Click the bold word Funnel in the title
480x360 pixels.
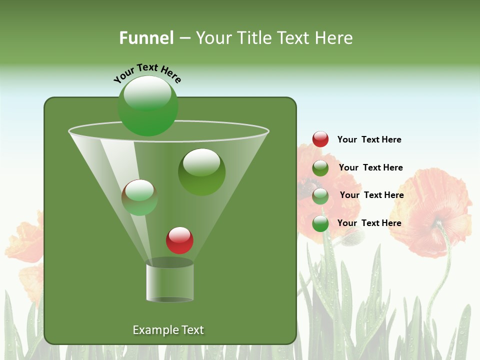(146, 38)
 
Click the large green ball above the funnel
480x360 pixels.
(147, 106)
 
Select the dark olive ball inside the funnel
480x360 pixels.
(201, 172)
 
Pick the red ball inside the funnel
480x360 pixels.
(179, 240)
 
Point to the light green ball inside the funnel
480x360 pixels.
(139, 197)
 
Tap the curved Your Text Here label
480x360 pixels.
(147, 73)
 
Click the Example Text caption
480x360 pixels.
(168, 330)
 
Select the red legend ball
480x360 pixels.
(320, 139)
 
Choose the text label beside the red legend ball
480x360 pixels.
(369, 139)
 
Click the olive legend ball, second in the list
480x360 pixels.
(320, 168)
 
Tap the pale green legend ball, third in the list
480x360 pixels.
(320, 196)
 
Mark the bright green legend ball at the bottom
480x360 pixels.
(320, 223)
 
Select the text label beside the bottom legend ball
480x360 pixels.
(369, 223)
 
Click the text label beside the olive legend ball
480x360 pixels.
(370, 167)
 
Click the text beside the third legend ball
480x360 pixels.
(371, 195)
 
